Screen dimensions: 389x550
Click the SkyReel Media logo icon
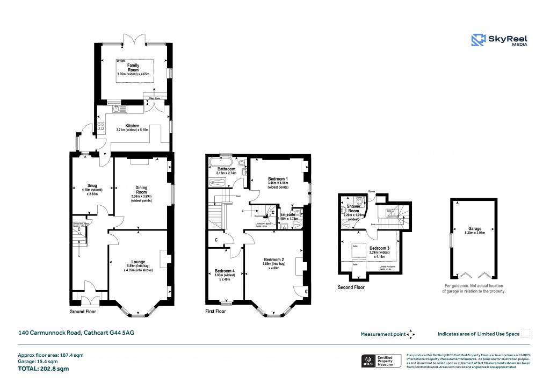coord(479,41)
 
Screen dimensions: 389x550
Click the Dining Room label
coord(141,190)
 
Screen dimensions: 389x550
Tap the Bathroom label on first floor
coord(222,169)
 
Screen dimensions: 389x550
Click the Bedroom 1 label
coord(278,179)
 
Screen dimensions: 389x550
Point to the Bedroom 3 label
coord(380,248)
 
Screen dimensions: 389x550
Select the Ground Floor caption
coord(83,312)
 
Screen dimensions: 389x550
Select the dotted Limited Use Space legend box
coord(526,334)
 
